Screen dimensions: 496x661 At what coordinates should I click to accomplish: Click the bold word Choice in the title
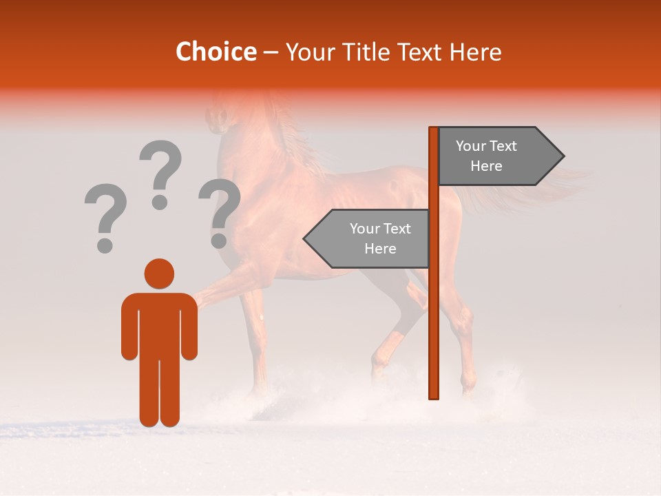click(x=216, y=52)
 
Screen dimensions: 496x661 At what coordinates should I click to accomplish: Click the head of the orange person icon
click(x=159, y=273)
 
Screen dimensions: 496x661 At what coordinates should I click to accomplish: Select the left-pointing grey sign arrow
click(x=368, y=238)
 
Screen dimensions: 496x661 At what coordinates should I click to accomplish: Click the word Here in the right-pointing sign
click(x=486, y=166)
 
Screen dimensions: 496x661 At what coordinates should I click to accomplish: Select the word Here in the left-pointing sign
click(x=380, y=249)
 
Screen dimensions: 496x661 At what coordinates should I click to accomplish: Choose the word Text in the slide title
click(x=421, y=52)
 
